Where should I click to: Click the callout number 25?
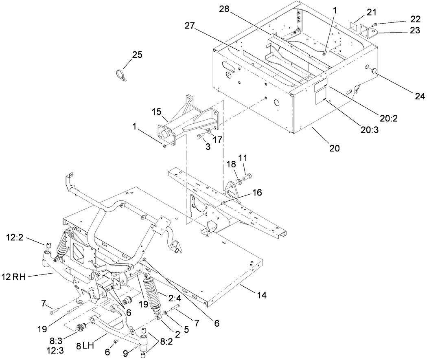click(x=137, y=55)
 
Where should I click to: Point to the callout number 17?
click(x=218, y=140)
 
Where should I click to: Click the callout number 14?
click(x=262, y=296)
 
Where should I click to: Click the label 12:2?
click(x=15, y=237)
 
